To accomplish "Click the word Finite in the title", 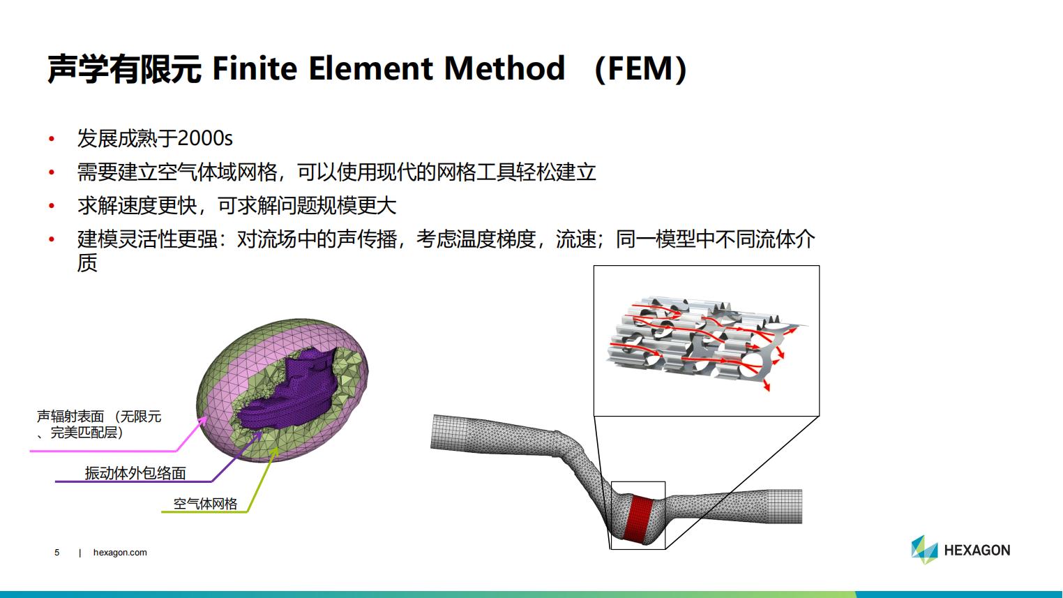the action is [255, 68].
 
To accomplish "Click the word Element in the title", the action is [371, 68].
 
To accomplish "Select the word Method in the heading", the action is [505, 68].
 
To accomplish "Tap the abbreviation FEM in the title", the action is [640, 69].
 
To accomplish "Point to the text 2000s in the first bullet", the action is [205, 139].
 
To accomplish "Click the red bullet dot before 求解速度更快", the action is [52, 206].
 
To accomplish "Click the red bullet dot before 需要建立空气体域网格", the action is [52, 172].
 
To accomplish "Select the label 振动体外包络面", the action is [135, 472].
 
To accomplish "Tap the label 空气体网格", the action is [205, 504].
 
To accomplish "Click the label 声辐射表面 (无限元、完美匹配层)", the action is [99, 424].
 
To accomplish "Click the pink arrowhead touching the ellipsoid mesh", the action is [202, 421].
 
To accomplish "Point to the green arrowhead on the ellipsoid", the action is [274, 451].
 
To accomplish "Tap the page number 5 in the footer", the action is [57, 553].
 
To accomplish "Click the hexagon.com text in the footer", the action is [120, 553].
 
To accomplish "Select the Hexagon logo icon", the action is [924, 550].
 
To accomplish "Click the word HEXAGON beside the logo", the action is [977, 551].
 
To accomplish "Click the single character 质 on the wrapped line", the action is [87, 263].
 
